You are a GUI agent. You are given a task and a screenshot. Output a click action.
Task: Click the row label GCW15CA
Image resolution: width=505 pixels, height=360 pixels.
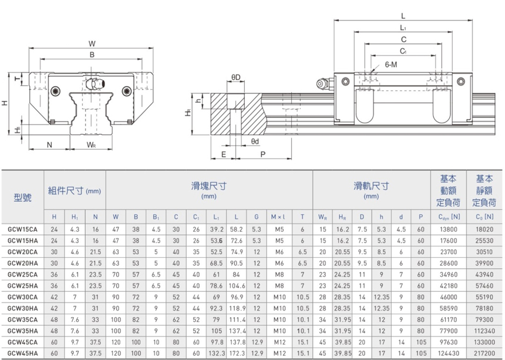click(x=23, y=229)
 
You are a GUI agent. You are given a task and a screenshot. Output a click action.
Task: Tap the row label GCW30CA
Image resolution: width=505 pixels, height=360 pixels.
click(x=23, y=296)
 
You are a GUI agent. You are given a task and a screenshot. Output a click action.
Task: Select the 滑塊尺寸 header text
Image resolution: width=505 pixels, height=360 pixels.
click(x=209, y=187)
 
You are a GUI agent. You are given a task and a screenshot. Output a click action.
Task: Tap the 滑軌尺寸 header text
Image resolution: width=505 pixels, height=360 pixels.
click(x=371, y=187)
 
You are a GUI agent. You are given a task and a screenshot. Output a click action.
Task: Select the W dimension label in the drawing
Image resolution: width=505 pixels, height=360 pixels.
click(x=92, y=43)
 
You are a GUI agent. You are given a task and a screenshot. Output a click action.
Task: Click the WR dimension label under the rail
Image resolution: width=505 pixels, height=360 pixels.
click(x=91, y=144)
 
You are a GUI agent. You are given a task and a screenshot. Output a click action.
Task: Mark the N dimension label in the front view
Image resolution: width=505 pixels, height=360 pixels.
click(x=49, y=144)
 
